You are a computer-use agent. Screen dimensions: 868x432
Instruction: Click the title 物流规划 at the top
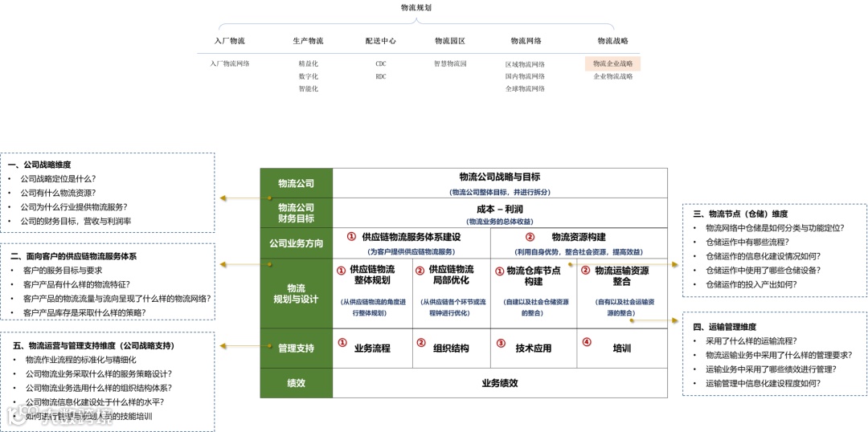tap(416, 7)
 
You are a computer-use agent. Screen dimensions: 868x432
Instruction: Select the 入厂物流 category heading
tap(230, 41)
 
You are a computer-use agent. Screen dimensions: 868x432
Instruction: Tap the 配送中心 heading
tap(380, 41)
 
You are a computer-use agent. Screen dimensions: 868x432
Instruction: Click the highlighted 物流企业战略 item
tap(612, 63)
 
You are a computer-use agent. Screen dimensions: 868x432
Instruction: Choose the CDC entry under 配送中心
tap(380, 63)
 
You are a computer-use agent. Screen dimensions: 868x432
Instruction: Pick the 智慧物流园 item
tap(450, 63)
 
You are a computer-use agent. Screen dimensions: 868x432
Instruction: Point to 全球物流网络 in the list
tap(525, 88)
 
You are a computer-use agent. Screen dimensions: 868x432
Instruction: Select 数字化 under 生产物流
tap(308, 76)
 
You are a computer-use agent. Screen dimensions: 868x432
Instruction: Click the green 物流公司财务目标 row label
tap(296, 213)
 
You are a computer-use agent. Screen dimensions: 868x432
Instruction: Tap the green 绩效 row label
tap(296, 383)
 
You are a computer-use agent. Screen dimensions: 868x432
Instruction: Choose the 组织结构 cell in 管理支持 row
tap(451, 348)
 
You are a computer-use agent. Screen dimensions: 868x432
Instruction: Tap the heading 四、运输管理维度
tap(724, 327)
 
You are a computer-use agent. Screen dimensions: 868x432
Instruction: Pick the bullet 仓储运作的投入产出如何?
tap(751, 284)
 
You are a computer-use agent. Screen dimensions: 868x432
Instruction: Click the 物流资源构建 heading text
tap(579, 237)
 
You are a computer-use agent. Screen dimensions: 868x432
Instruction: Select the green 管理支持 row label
tap(296, 348)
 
